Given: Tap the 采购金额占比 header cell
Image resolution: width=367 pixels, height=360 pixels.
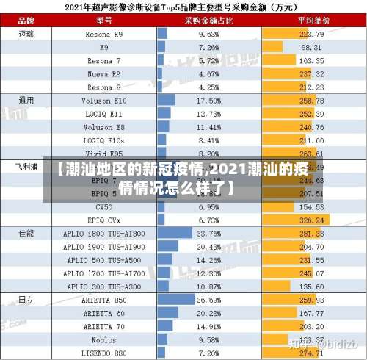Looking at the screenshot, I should pos(208,21).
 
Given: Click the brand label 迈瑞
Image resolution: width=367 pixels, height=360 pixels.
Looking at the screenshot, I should pos(26,34).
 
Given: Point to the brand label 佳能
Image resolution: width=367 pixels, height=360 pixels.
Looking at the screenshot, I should pos(26,233).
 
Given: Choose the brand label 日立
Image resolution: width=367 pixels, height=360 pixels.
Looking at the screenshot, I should pos(26,300).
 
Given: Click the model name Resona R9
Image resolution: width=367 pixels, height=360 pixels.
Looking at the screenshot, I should pos(103,34).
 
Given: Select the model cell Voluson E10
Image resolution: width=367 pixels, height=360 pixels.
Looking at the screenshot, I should pos(103,101).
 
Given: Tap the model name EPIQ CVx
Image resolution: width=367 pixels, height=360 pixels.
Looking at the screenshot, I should pos(103,220).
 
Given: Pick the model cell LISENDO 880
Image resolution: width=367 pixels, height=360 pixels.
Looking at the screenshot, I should pos(103,353).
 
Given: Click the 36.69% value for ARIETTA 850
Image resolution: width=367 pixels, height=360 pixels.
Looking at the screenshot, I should pos(208,300).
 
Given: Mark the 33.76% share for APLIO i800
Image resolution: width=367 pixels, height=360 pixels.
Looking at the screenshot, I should pos(208,233).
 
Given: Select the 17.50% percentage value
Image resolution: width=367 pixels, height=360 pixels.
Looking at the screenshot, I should pos(208,101).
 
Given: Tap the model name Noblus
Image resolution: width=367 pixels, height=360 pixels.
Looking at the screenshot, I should pos(103,340).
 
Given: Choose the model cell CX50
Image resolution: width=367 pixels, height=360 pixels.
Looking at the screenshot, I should pos(103,206).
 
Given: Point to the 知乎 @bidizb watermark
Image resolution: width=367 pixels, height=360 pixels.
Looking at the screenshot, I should pos(322,343).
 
